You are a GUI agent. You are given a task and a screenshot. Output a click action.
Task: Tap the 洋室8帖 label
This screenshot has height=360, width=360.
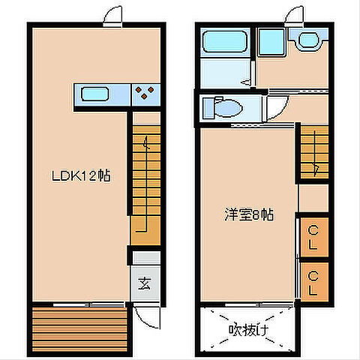click(x=247, y=214)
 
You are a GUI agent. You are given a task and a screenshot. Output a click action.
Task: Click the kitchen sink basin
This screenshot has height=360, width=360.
click(x=95, y=94)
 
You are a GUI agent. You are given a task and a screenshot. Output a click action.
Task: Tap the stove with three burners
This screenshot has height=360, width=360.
click(x=145, y=94)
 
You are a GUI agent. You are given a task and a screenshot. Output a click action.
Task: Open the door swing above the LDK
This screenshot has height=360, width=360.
click(x=112, y=15)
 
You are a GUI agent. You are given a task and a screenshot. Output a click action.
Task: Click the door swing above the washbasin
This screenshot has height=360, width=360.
click(x=295, y=15)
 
